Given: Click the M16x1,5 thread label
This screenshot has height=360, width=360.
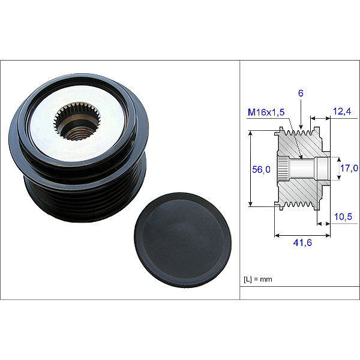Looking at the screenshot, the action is point(266,112).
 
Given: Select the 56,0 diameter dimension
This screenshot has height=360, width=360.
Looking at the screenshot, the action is point(261,169).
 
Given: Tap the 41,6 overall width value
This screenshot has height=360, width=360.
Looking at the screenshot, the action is point(302,242).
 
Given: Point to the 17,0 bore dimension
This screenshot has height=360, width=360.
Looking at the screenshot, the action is point(349,168).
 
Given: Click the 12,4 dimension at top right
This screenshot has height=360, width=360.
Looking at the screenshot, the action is point(342,112).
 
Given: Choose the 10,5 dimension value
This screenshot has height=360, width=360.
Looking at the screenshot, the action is point(343,217).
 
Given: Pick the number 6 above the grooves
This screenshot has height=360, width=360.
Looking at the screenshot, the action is point(301,93).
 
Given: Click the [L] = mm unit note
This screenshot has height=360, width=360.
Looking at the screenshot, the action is point(258,279).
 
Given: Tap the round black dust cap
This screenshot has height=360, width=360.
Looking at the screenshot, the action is point(183,240).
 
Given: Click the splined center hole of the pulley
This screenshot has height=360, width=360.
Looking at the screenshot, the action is point(77,122).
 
